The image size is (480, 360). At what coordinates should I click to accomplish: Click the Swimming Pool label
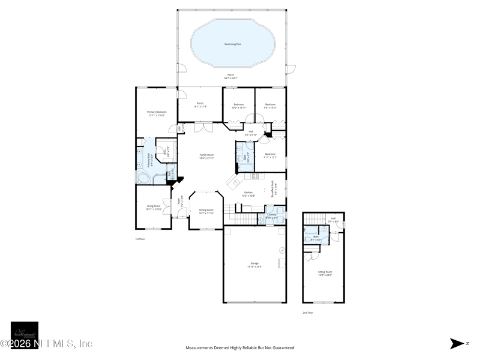[233, 44]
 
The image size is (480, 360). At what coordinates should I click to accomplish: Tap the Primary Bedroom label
[157, 112]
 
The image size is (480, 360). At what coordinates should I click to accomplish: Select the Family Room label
[206, 155]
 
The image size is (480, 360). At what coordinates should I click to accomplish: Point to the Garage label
[254, 263]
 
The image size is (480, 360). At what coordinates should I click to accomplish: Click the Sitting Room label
[325, 272]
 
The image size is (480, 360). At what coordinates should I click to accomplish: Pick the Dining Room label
[206, 210]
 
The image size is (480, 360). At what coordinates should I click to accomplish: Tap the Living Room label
[154, 206]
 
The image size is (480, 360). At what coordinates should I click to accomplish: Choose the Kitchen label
[248, 193]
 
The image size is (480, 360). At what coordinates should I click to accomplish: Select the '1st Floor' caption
[140, 238]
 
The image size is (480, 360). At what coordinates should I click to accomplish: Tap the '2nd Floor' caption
[308, 312]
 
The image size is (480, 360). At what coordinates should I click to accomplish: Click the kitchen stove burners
[254, 176]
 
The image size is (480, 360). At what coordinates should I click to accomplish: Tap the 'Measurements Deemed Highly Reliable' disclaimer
[240, 347]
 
